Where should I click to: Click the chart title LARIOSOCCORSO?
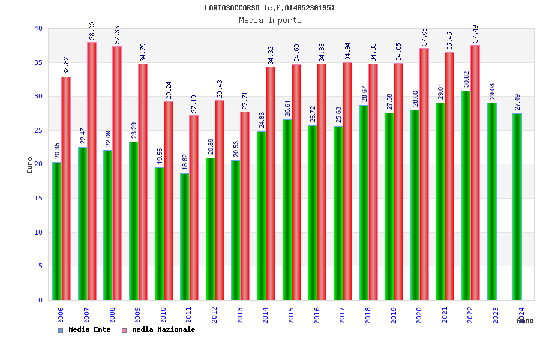[x=270, y=8]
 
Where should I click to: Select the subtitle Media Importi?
[x=270, y=20]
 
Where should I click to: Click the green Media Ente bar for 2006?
[x=56, y=231]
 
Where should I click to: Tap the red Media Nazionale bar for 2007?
[x=92, y=171]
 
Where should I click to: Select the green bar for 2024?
[x=517, y=206]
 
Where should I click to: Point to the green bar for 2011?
[x=185, y=236]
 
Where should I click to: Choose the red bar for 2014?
[x=271, y=183]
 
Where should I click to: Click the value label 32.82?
[x=66, y=66]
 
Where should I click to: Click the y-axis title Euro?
[x=30, y=165]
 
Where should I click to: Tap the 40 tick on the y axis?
[x=38, y=28]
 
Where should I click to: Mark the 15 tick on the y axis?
[x=38, y=198]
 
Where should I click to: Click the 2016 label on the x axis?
[x=317, y=316]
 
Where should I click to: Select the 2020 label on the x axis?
[x=419, y=316]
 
